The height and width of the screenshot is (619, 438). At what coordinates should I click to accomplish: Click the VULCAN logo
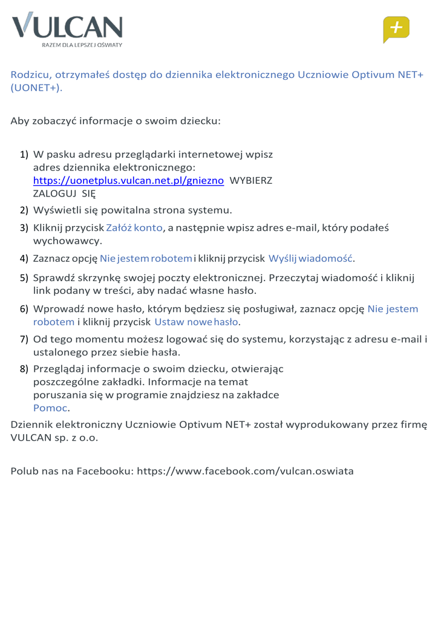point(67,28)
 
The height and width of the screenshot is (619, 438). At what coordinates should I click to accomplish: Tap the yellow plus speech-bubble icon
point(396,29)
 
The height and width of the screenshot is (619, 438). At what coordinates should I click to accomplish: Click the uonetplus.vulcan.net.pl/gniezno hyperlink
point(129,180)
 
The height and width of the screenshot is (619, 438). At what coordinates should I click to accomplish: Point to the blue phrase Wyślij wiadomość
point(310,259)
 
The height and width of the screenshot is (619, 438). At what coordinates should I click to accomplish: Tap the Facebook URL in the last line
point(246,470)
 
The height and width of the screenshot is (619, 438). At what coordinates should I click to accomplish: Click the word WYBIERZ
point(252,181)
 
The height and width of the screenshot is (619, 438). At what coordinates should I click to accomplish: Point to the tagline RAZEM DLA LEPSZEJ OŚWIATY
point(82,45)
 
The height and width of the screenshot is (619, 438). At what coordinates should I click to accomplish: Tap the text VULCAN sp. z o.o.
point(54,437)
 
